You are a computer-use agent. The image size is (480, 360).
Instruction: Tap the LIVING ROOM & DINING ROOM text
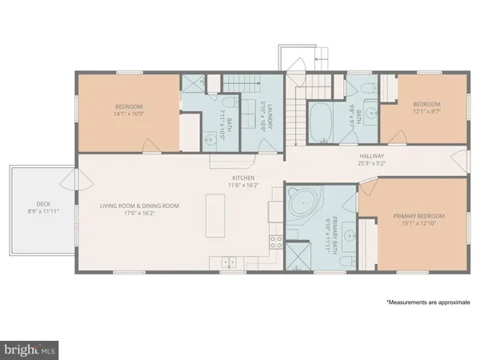click(139, 206)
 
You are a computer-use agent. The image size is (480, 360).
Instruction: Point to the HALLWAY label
click(372, 156)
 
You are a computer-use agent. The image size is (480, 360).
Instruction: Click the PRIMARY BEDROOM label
click(418, 216)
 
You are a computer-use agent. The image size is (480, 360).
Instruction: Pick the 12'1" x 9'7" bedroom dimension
click(426, 112)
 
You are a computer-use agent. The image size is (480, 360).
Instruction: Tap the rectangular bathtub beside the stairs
click(324, 122)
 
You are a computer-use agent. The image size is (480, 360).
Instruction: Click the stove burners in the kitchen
click(275, 243)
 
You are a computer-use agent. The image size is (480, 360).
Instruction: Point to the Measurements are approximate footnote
click(427, 303)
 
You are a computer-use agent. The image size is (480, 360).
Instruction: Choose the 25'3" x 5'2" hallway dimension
click(372, 164)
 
